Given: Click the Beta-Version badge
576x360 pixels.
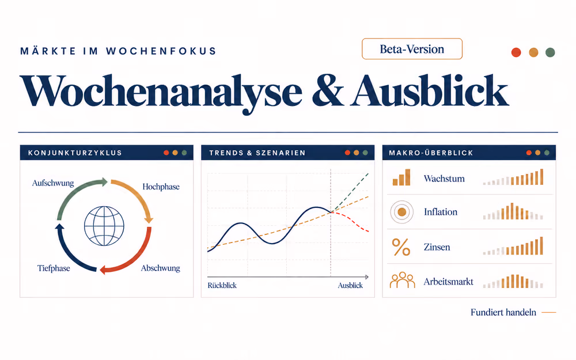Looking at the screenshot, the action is click(x=412, y=49).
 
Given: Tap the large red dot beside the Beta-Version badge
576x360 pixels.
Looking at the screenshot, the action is click(x=516, y=52).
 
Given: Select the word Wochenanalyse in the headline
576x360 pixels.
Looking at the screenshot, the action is click(x=161, y=92).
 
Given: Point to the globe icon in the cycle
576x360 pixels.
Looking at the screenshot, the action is click(x=104, y=226).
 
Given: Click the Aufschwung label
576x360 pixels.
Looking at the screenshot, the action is click(x=53, y=183).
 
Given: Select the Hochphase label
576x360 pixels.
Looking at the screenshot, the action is click(x=161, y=187).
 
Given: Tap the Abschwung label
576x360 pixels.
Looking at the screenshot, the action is click(x=161, y=268).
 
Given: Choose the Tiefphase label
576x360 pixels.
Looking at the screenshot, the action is click(x=54, y=268).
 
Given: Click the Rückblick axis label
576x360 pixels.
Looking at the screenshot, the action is click(x=222, y=286).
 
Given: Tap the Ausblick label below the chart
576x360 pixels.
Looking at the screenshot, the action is click(x=350, y=286).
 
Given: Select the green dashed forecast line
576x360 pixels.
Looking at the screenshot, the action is click(x=350, y=192).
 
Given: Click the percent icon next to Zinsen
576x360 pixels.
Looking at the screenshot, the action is click(x=401, y=247).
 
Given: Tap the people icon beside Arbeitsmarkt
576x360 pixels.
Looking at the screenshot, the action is click(x=402, y=281).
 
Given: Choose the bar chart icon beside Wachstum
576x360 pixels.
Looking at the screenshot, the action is click(x=401, y=177).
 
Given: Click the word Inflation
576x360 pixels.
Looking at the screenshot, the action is click(x=441, y=212).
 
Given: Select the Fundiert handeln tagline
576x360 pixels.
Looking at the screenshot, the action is click(x=503, y=312).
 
